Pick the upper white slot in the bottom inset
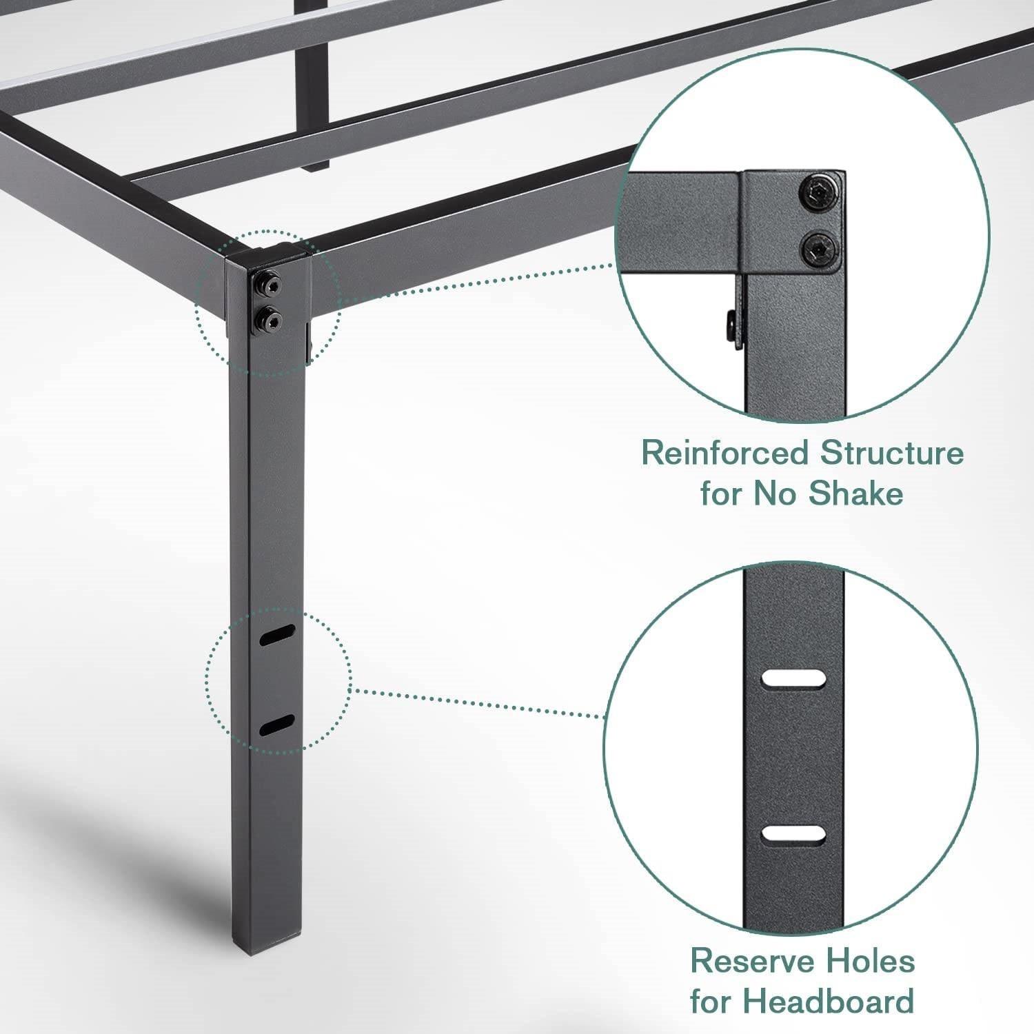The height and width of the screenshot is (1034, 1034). (x=794, y=678)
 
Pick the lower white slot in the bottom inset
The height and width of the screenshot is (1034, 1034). (x=794, y=834)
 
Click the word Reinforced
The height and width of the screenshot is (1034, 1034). (x=724, y=454)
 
